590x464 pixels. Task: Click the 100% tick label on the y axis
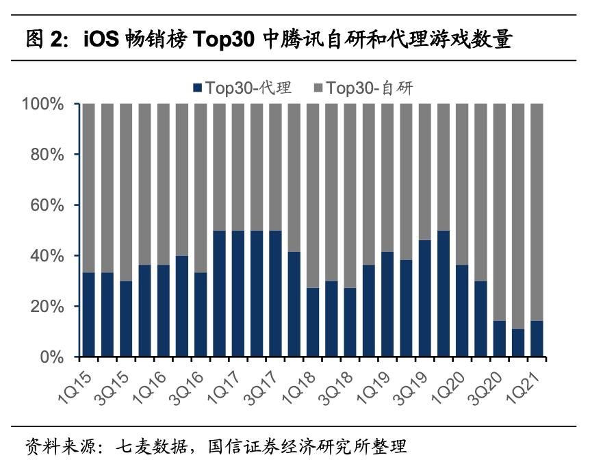pyautogui.click(x=42, y=105)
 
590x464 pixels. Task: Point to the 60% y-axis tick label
pyautogui.click(x=47, y=205)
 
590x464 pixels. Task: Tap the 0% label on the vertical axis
pyautogui.click(x=52, y=357)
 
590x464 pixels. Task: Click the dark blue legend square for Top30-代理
pyautogui.click(x=198, y=88)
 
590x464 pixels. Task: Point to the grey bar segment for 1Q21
pyautogui.click(x=537, y=212)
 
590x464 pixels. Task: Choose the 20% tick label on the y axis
pyautogui.click(x=47, y=307)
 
